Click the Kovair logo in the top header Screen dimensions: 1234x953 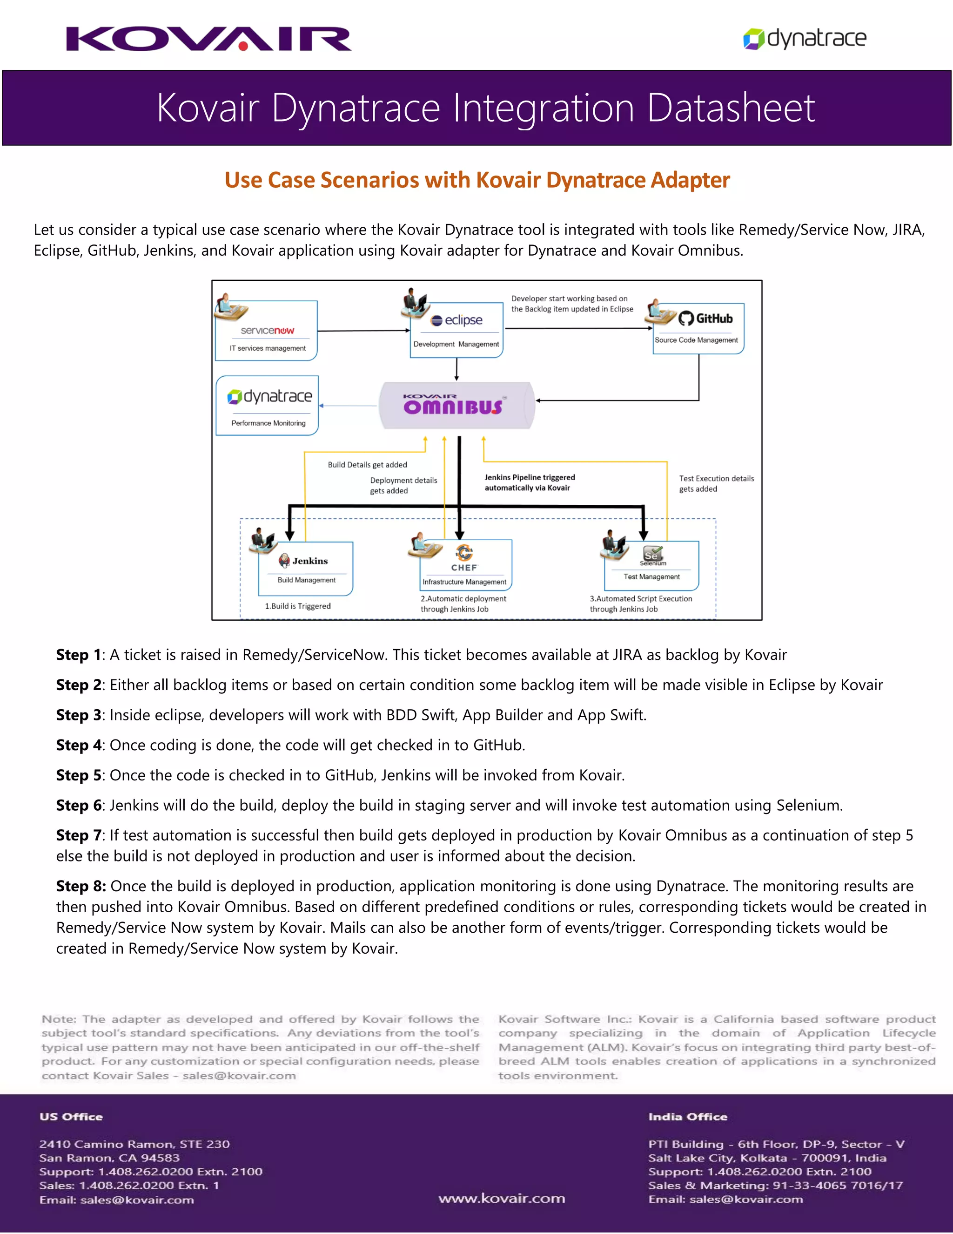(x=208, y=39)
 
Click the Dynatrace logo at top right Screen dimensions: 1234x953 (x=805, y=39)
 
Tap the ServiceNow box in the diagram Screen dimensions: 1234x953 (x=267, y=331)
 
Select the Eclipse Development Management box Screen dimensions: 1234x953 (x=456, y=331)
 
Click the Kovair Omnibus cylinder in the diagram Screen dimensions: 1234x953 (x=456, y=405)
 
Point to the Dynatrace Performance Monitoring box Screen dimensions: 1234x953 (x=268, y=405)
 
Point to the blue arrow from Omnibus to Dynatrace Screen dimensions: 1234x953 (x=349, y=406)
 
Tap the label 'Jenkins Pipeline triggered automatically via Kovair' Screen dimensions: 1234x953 (x=530, y=482)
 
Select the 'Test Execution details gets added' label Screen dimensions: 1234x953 (x=716, y=484)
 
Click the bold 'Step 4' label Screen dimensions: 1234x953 (x=79, y=745)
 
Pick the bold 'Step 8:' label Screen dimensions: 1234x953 (x=81, y=886)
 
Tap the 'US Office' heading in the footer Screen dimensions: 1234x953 (x=71, y=1117)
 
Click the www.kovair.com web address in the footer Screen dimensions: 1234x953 (x=501, y=1199)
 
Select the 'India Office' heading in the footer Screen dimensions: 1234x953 (x=688, y=1117)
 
